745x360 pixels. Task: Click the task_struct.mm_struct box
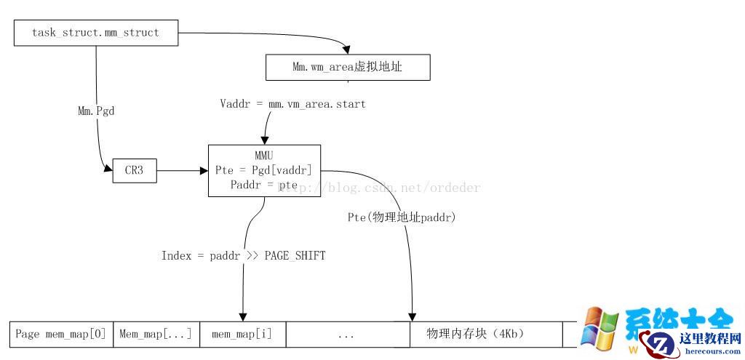click(x=95, y=33)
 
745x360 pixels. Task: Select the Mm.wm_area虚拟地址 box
click(x=348, y=68)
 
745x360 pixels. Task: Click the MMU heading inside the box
click(x=264, y=156)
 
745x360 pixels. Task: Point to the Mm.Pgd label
click(x=96, y=111)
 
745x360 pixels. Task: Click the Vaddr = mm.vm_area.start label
click(x=292, y=104)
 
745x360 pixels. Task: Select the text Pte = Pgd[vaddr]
click(x=263, y=170)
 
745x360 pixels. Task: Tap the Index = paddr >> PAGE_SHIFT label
click(x=243, y=256)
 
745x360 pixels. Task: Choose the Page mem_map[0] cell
click(x=61, y=335)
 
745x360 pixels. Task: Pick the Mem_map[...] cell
click(x=156, y=335)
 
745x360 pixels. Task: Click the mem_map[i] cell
click(x=242, y=335)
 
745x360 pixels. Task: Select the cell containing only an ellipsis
click(x=347, y=335)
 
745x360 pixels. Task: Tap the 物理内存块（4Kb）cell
click(x=485, y=335)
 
